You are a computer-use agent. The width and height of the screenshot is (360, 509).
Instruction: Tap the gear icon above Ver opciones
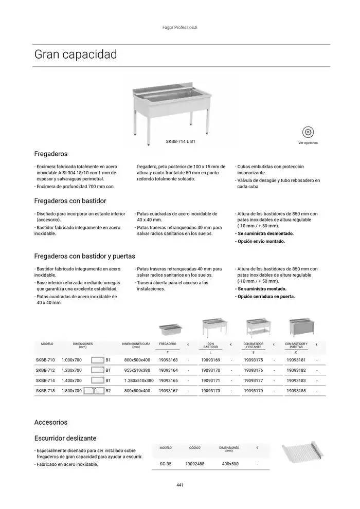(x=308, y=132)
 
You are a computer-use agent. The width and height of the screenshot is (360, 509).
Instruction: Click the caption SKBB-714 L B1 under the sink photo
(x=181, y=141)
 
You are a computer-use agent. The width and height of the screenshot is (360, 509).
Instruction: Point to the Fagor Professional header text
(x=179, y=27)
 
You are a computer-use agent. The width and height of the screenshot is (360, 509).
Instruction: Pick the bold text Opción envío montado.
(x=260, y=241)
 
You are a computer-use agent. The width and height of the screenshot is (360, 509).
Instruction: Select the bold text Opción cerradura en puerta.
(x=265, y=296)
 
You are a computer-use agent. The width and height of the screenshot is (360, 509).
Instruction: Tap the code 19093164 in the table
(x=168, y=370)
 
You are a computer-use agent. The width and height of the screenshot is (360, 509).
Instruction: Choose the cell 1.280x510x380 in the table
(x=139, y=380)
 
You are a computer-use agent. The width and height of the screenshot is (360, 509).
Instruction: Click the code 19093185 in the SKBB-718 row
(x=296, y=391)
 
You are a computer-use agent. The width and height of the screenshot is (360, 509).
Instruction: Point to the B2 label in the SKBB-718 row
(x=108, y=391)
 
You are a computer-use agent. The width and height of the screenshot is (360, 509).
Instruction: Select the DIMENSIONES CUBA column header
(x=136, y=345)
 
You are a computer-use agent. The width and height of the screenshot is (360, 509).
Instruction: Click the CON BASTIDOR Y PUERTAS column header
(x=296, y=345)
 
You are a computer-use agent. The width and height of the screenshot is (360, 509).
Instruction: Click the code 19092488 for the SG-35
(x=194, y=464)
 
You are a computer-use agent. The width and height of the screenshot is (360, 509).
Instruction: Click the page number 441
(x=179, y=485)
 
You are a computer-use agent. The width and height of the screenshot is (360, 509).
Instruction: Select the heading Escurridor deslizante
(x=65, y=439)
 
